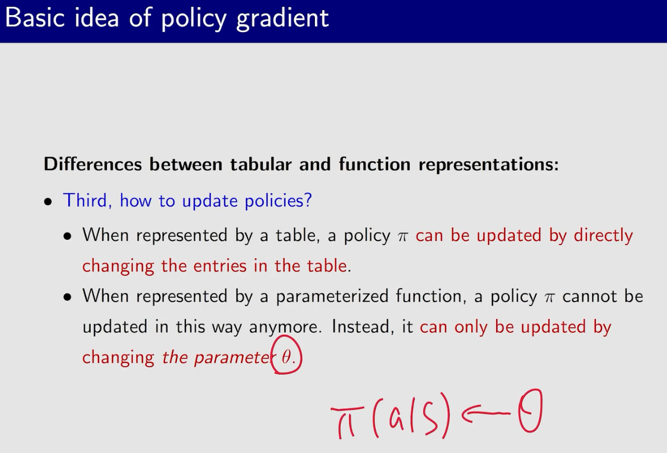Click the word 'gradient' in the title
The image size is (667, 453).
[282, 19]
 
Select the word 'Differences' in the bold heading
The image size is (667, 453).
[93, 164]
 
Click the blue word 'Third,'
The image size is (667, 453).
[88, 200]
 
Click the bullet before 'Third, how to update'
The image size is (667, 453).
[48, 201]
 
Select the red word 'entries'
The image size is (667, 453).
[220, 266]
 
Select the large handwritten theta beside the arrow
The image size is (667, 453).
[530, 411]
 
